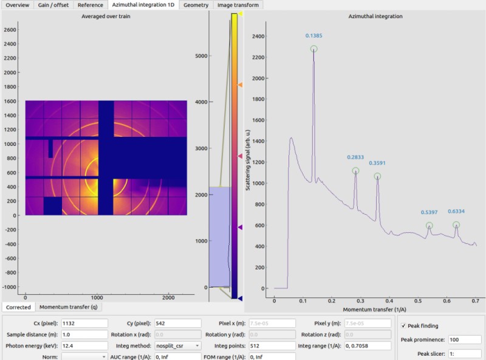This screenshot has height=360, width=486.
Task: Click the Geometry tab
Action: pyautogui.click(x=196, y=5)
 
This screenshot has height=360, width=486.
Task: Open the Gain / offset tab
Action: pyautogui.click(x=53, y=5)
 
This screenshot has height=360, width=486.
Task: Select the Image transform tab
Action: pyautogui.click(x=238, y=5)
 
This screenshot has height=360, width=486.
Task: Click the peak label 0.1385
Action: pyautogui.click(x=313, y=36)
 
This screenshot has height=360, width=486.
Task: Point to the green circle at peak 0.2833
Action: pyautogui.click(x=355, y=171)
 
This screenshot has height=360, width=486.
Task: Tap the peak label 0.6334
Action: pyautogui.click(x=456, y=212)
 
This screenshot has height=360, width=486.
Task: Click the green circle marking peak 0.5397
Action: pyautogui.click(x=429, y=226)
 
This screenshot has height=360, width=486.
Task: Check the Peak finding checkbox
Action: pyautogui.click(x=403, y=325)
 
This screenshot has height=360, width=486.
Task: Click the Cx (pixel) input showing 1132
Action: pyautogui.click(x=84, y=324)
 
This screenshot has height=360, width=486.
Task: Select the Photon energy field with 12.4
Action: pyautogui.click(x=84, y=346)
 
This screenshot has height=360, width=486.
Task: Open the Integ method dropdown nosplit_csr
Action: pyautogui.click(x=178, y=346)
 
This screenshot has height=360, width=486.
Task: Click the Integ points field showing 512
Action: pyautogui.click(x=272, y=346)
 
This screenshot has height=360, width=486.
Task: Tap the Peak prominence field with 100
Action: pyautogui.click(x=465, y=339)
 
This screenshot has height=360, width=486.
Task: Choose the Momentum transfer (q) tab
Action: pyautogui.click(x=69, y=307)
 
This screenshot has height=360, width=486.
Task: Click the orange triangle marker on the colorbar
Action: pyautogui.click(x=240, y=85)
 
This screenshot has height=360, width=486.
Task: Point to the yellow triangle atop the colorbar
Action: pyautogui.click(x=240, y=13)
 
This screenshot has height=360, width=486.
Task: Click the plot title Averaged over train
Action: pyautogui.click(x=106, y=16)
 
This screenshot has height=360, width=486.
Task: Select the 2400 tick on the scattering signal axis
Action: pyautogui.click(x=258, y=36)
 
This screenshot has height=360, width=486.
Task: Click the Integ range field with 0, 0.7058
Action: pyautogui.click(x=368, y=346)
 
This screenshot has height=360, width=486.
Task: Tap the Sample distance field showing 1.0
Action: pyautogui.click(x=84, y=334)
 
